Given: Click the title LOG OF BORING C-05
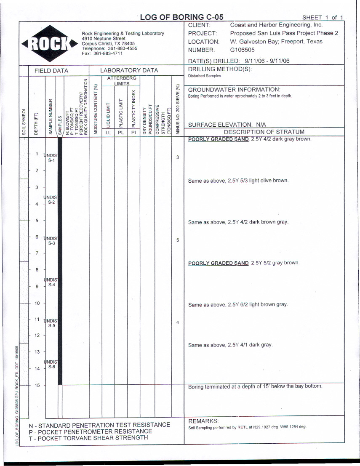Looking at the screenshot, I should pyautogui.click(x=181, y=17).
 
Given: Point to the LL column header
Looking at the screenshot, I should pyautogui.click(x=108, y=132).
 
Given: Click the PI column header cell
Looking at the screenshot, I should pyautogui.click(x=133, y=132).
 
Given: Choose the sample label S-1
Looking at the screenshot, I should pyautogui.click(x=51, y=160).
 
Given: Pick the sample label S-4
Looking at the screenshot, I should pyautogui.click(x=51, y=285).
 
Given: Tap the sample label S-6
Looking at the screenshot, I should pyautogui.click(x=51, y=367).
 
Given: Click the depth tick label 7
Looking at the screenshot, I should pyautogui.click(x=37, y=253).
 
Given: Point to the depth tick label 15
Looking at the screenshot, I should pyautogui.click(x=37, y=385).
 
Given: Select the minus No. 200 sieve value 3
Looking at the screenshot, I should pyautogui.click(x=177, y=157).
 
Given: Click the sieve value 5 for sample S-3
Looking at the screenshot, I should pyautogui.click(x=177, y=240).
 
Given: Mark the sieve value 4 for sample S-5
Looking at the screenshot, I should pyautogui.click(x=177, y=322).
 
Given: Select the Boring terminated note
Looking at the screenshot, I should pyautogui.click(x=255, y=386).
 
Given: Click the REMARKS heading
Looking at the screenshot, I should pyautogui.click(x=203, y=421).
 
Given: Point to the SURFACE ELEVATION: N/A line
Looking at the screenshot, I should pyautogui.click(x=227, y=125).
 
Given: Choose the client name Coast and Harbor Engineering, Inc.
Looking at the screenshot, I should pyautogui.click(x=276, y=25).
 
